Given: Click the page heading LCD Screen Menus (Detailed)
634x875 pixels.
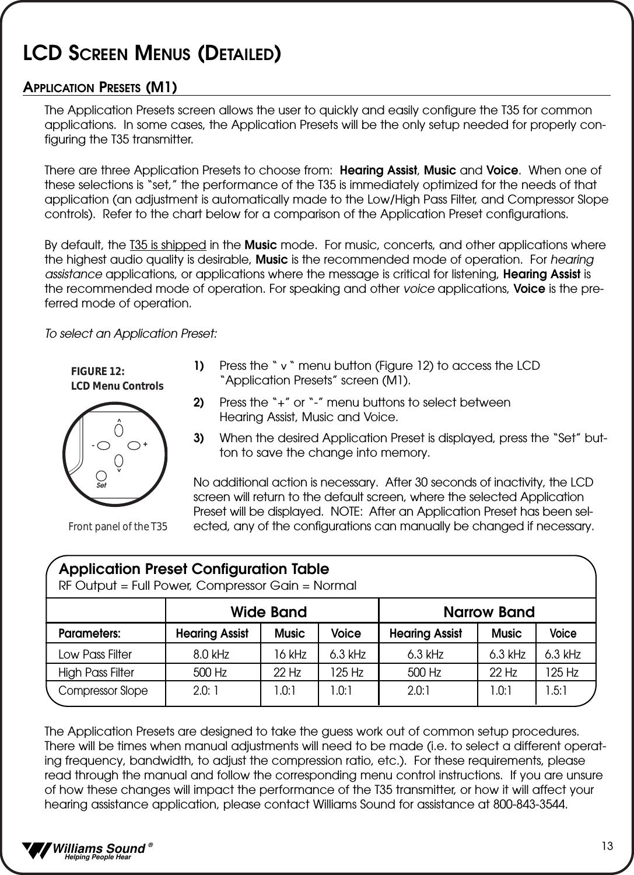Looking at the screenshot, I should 152,52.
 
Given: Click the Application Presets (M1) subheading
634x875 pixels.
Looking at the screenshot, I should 100,87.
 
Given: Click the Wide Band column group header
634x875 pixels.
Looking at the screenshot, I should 268,612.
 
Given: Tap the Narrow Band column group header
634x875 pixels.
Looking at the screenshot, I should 489,612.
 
